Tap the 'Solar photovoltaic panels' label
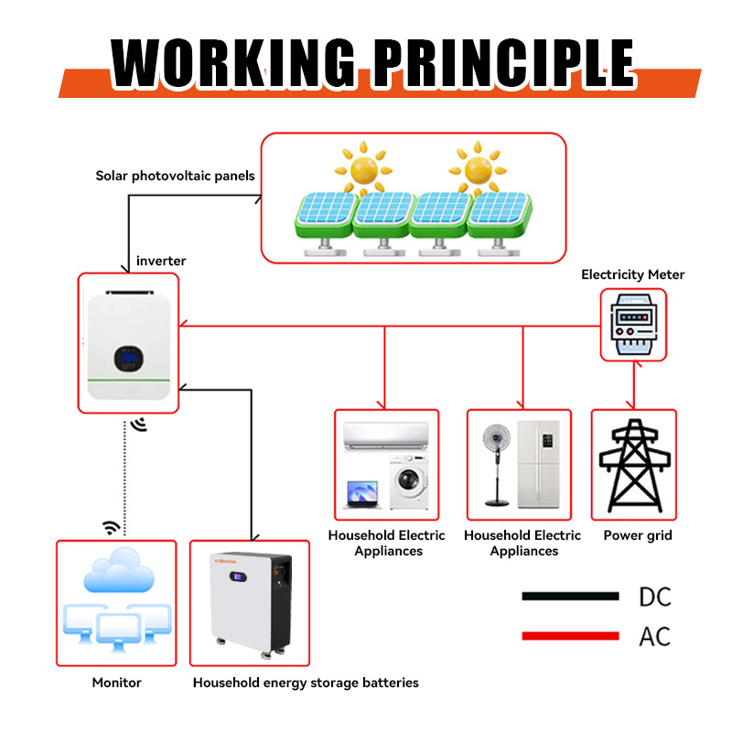pyautogui.click(x=175, y=175)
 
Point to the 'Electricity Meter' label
pyautogui.click(x=632, y=274)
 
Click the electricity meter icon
pyautogui.click(x=632, y=325)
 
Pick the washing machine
pyautogui.click(x=404, y=482)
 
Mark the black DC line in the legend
pyautogui.click(x=570, y=597)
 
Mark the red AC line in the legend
pyautogui.click(x=570, y=636)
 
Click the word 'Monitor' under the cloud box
pyautogui.click(x=116, y=683)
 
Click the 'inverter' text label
pyautogui.click(x=161, y=261)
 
